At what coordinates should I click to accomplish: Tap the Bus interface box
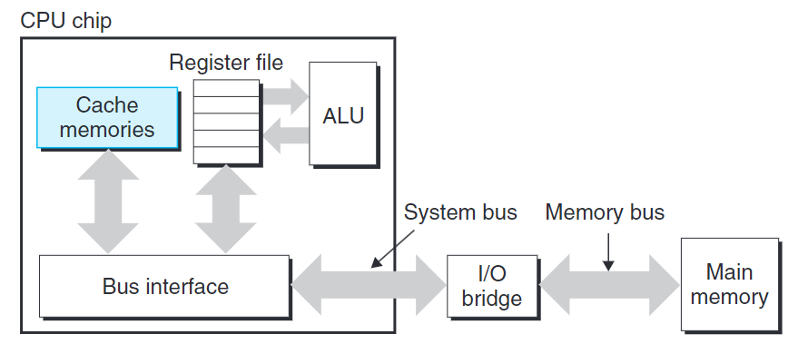164,288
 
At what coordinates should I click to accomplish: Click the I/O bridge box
486,287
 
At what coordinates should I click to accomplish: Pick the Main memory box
729,284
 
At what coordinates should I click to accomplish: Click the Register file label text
226,64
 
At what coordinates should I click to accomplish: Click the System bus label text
460,212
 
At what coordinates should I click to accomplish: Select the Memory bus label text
605,212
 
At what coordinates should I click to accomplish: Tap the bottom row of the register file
227,154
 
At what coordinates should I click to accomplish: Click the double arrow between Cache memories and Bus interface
108,202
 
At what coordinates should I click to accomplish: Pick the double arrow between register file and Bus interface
226,209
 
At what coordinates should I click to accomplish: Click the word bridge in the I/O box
486,299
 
